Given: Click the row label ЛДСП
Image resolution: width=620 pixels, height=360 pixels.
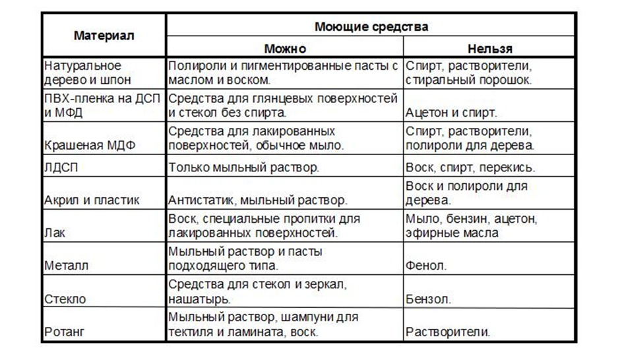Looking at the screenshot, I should click(x=61, y=167).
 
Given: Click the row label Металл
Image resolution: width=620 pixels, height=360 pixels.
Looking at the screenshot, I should click(x=66, y=266).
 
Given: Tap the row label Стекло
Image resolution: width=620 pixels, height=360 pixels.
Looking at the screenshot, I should click(x=65, y=299).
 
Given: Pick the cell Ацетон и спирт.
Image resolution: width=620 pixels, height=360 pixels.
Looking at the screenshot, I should click(x=451, y=113).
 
